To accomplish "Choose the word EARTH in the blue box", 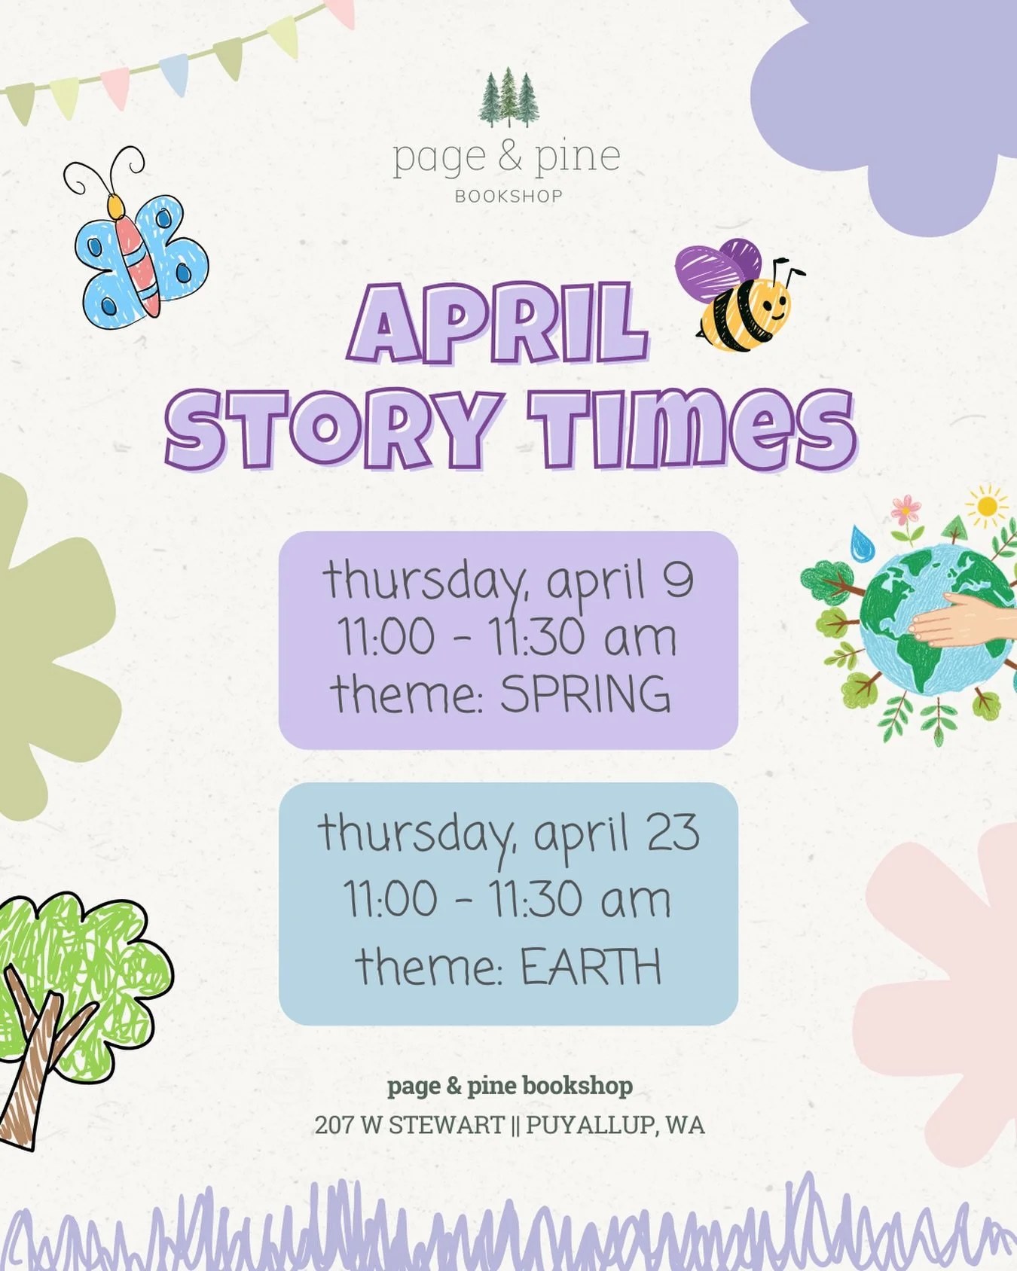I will [x=591, y=968].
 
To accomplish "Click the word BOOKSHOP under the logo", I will [x=508, y=197].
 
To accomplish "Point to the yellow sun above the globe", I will [x=986, y=506].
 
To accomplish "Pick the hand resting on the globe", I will [x=960, y=620].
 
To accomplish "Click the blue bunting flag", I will [x=174, y=74].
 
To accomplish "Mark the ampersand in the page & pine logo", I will [x=508, y=157].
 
